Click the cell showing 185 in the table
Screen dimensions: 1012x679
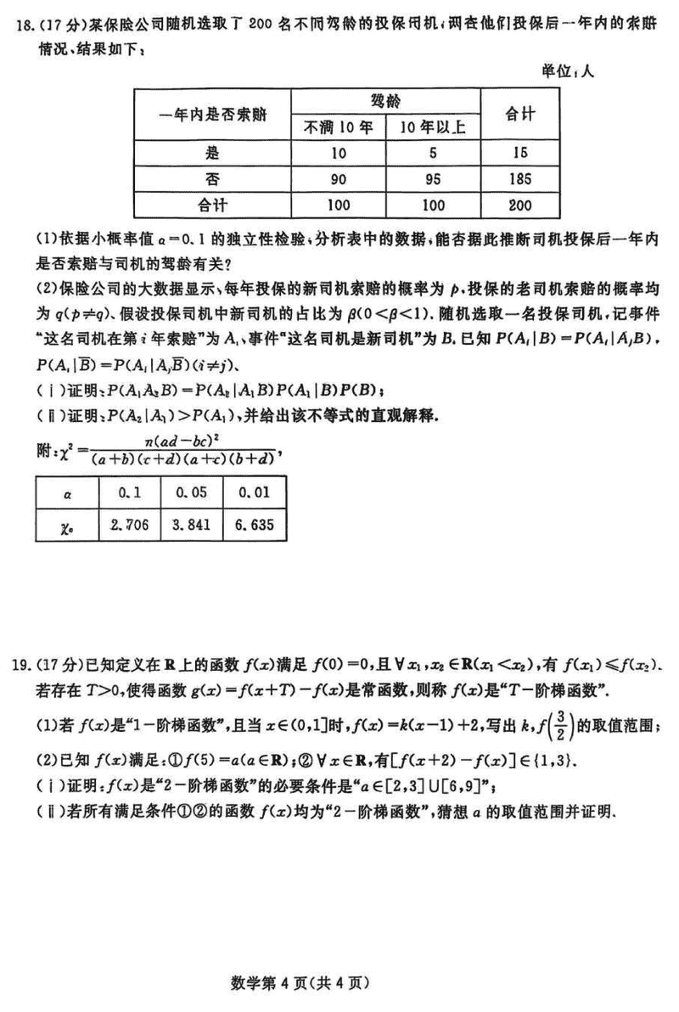522,178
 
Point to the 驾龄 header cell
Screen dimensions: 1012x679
386,101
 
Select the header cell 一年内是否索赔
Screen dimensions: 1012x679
212,115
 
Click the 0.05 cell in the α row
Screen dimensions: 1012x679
192,491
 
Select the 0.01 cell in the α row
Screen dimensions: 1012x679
253,491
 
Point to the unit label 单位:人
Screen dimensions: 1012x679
569,71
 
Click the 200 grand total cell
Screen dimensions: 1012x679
522,205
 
